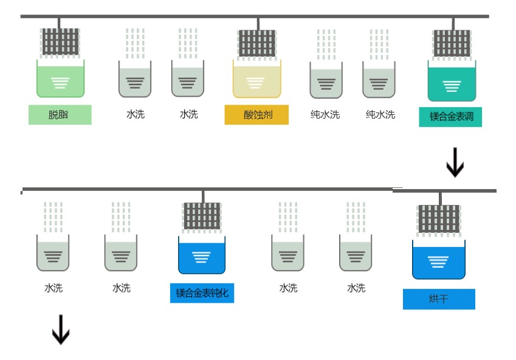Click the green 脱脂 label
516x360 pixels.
point(60,114)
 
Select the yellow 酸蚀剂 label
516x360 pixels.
point(256,114)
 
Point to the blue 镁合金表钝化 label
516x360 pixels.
point(202,292)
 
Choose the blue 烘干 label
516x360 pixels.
point(438,299)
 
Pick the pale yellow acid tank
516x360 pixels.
point(256,80)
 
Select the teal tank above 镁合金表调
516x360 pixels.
point(452,83)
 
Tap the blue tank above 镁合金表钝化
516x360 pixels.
point(202,255)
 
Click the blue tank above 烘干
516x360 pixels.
point(438,260)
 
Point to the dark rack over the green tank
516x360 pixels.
point(60,42)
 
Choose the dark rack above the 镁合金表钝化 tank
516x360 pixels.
point(202,216)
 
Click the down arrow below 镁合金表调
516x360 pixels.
point(455,163)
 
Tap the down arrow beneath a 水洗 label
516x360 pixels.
point(60,330)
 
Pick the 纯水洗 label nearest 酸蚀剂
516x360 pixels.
point(325,114)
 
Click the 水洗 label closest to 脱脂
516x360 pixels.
point(136,114)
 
